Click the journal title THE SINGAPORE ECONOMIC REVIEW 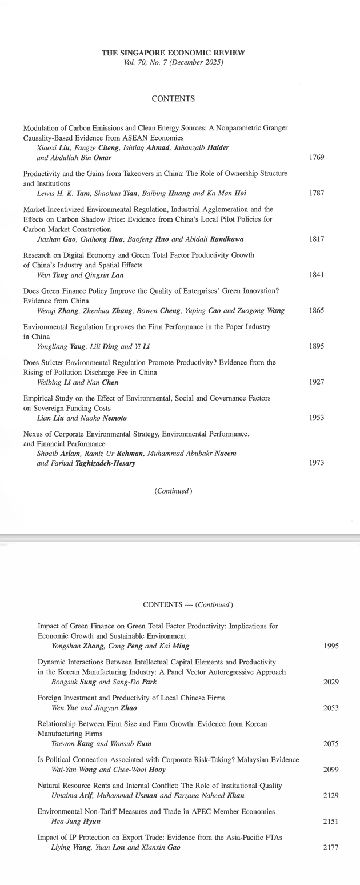click(x=173, y=53)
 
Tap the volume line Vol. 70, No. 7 click(x=173, y=62)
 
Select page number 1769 click(x=316, y=157)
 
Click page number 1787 click(x=316, y=193)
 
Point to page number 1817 click(x=316, y=239)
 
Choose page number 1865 click(x=316, y=311)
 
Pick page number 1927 click(x=316, y=382)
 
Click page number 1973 click(x=316, y=463)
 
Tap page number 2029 click(x=331, y=682)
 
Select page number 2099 click(x=331, y=770)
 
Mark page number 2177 click(x=331, y=848)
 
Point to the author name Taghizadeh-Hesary click(x=101, y=463)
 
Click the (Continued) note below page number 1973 click(x=173, y=491)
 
